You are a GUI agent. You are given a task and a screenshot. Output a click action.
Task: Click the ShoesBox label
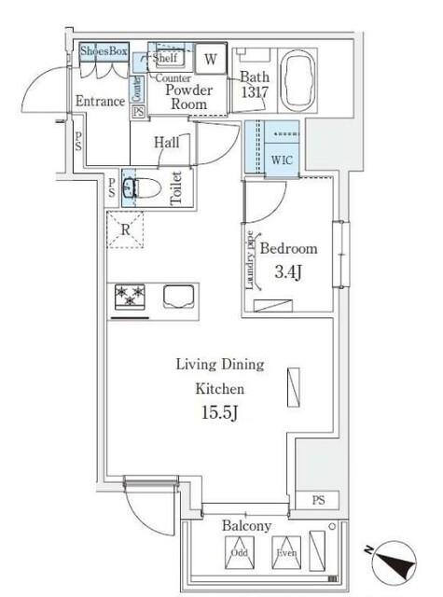click(104, 52)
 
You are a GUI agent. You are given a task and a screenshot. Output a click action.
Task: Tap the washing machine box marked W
click(210, 58)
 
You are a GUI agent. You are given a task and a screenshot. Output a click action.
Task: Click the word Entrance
click(100, 101)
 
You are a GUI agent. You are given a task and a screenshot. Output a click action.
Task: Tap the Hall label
click(168, 143)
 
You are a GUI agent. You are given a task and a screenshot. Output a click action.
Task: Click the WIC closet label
click(282, 159)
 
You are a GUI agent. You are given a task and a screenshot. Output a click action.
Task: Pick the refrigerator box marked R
click(125, 229)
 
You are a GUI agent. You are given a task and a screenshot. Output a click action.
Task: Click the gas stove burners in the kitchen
click(129, 298)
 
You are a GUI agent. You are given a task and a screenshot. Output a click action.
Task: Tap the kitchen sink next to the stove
click(179, 297)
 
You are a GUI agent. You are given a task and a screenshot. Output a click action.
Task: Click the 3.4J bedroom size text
click(287, 272)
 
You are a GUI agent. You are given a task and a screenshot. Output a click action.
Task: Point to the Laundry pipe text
click(250, 261)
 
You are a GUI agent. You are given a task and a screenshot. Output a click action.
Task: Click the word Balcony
click(246, 527)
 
